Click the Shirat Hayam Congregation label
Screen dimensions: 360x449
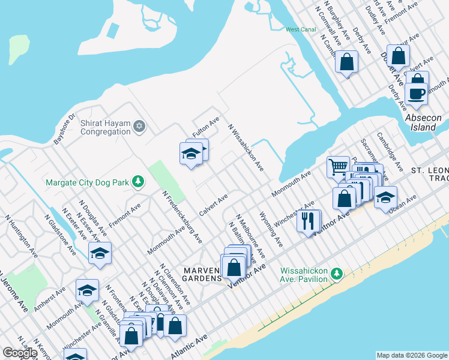tap(105, 127)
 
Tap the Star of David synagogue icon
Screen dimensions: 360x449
tap(139, 126)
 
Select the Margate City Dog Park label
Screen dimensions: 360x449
tap(87, 182)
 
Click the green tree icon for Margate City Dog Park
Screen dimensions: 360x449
tap(137, 181)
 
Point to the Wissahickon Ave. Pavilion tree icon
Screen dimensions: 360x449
tap(337, 274)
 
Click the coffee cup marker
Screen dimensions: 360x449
tap(416, 93)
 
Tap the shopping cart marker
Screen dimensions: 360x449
tap(338, 166)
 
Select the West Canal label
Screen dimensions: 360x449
tap(301, 29)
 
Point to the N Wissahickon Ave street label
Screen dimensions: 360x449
tap(246, 147)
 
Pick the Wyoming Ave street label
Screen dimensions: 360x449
tap(271, 229)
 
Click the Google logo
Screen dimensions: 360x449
tap(20, 353)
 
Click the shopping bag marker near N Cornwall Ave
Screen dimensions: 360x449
tap(346, 62)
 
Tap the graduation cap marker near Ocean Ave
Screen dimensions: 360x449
tap(385, 197)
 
